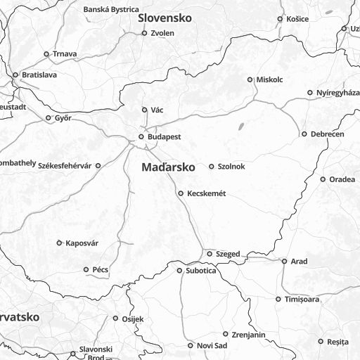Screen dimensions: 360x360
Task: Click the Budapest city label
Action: coord(164,137)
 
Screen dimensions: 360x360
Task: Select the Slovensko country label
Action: coord(165,18)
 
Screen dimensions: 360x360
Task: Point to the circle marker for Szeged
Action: coord(209,253)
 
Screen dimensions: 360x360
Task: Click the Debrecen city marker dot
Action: coord(304,134)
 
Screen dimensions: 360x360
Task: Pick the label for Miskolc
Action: coord(269,79)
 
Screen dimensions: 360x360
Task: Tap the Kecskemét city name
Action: coord(206,193)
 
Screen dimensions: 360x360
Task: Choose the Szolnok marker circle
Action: coord(212,167)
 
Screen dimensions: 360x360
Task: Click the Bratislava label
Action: coord(39,75)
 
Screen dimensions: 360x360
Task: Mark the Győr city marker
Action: coord(48,118)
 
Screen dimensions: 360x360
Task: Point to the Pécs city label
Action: coord(100,269)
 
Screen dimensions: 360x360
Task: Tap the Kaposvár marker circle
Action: coord(59,243)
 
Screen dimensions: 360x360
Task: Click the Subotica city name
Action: coord(201,270)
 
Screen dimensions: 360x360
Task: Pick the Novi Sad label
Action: coord(212,345)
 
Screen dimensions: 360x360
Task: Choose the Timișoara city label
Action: coord(302,300)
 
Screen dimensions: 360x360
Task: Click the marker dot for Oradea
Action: coord(323,179)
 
